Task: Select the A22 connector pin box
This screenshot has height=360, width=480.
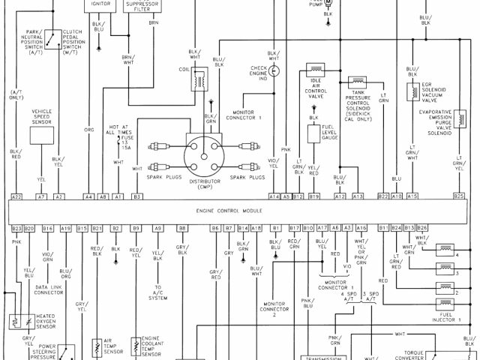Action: (x=16, y=196)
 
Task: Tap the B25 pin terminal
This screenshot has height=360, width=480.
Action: (x=459, y=196)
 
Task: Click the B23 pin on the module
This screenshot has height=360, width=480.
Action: (x=16, y=227)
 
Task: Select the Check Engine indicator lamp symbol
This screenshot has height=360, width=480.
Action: (x=274, y=70)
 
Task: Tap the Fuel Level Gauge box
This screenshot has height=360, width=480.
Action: (x=314, y=135)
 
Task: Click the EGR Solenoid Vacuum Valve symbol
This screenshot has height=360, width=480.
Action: (x=412, y=91)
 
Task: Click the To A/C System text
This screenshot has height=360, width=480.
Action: (x=158, y=292)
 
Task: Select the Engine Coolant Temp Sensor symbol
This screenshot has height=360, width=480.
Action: (x=136, y=346)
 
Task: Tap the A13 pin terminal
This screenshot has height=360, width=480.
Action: (x=358, y=196)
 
